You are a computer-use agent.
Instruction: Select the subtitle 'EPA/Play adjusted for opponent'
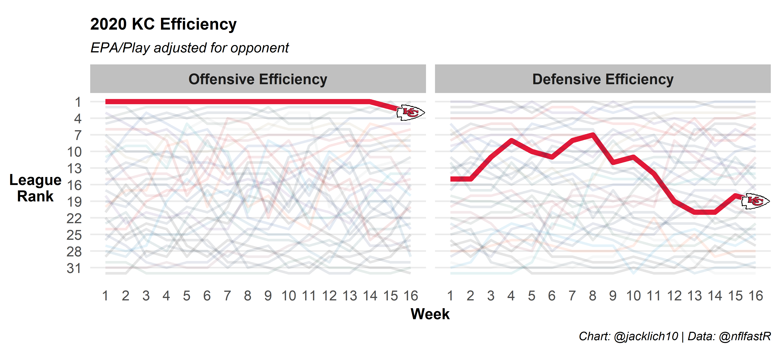pyautogui.click(x=190, y=48)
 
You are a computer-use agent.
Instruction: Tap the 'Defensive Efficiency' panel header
pyautogui.click(x=603, y=79)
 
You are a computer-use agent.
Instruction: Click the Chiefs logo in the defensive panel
pyautogui.click(x=755, y=201)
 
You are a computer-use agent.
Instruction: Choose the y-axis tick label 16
pyautogui.click(x=74, y=185)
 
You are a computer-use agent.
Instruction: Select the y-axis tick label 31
pyautogui.click(x=74, y=268)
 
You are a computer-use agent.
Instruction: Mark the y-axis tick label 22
pyautogui.click(x=74, y=218)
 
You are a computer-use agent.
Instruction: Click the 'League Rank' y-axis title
pyautogui.click(x=35, y=188)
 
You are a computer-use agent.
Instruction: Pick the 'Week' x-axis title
pyautogui.click(x=430, y=314)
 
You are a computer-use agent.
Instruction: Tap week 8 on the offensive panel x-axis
pyautogui.click(x=248, y=296)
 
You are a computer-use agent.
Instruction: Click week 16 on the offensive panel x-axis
pyautogui.click(x=411, y=296)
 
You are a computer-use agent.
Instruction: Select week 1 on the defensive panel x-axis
pyautogui.click(x=450, y=296)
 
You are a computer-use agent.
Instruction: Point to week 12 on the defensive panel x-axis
pyautogui.click(x=674, y=296)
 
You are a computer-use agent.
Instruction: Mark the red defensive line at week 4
pyautogui.click(x=511, y=140)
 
